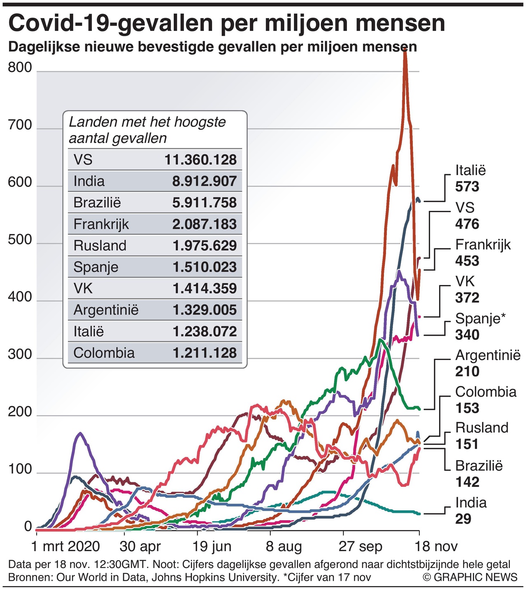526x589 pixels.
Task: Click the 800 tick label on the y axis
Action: coord(20,67)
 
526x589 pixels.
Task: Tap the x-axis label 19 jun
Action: coord(212,547)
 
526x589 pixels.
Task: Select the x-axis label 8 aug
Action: coord(284,547)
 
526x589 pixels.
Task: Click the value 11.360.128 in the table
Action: coord(200,160)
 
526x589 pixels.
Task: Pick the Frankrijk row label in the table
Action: coord(101,224)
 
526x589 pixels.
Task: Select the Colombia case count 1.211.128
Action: coord(205,353)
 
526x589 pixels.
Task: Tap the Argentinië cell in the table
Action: coord(106,310)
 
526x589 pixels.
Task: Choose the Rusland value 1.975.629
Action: coord(205,245)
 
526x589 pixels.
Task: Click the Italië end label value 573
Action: coord(467,187)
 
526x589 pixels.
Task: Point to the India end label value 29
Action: coord(463,519)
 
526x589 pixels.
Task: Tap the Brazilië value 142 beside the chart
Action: coord(467,482)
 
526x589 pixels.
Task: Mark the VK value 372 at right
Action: coord(467,298)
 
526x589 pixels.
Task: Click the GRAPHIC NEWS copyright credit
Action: coord(470,577)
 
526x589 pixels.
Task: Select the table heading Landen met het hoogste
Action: coord(147,122)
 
